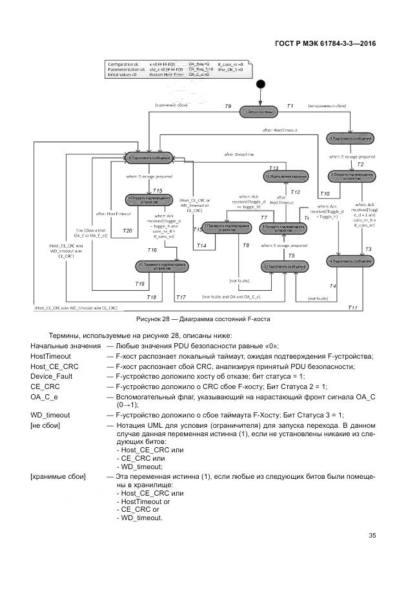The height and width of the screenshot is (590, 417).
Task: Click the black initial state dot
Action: (x=261, y=83)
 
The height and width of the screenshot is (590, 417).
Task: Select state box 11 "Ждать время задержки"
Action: (x=284, y=176)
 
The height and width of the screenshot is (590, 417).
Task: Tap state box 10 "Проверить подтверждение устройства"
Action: (x=162, y=266)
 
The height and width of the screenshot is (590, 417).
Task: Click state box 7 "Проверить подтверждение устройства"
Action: (x=227, y=227)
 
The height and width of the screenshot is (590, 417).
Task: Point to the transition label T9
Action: (x=228, y=105)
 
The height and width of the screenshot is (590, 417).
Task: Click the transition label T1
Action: (x=290, y=105)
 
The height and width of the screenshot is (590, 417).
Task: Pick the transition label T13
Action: (x=274, y=167)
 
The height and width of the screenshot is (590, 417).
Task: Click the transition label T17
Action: (x=181, y=297)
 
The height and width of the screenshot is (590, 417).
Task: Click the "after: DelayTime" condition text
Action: (x=239, y=154)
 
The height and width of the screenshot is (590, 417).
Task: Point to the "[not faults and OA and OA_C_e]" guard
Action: (x=230, y=296)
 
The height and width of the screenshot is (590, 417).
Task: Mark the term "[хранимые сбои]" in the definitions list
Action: (x=58, y=476)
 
